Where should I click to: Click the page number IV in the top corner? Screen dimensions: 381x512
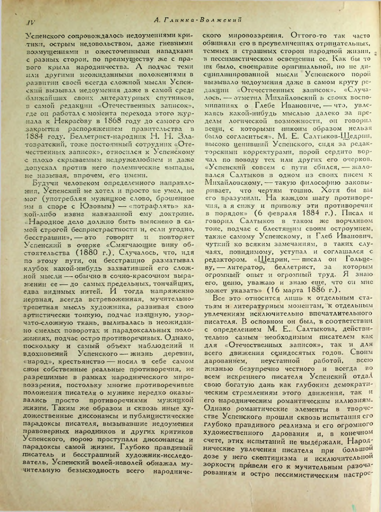30,22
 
